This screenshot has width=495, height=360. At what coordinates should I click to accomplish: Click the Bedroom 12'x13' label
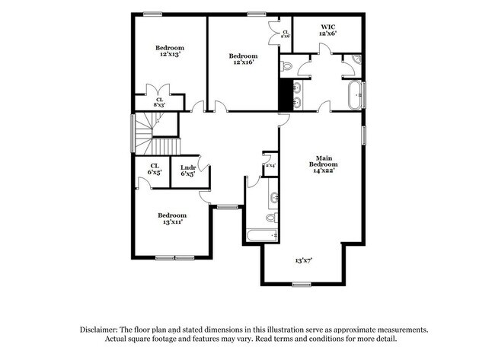170,52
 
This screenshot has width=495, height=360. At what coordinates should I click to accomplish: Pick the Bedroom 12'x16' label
243,59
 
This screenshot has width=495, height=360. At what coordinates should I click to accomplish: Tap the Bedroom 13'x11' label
172,219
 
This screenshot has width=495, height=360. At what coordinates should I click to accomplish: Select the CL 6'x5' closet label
154,169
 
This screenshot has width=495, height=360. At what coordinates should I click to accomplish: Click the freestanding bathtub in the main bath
355,96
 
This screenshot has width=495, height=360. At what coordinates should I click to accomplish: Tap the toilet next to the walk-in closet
286,66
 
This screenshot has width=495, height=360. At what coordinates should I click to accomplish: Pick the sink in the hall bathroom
273,199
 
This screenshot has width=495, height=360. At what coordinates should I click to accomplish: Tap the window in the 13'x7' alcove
302,285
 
